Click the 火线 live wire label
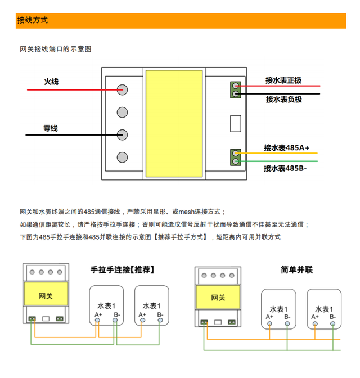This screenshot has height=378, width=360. (51, 82)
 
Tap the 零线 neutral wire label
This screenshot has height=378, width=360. (51, 128)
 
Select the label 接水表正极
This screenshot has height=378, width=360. (283, 80)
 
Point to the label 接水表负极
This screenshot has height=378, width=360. (284, 100)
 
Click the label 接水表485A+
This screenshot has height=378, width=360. (286, 147)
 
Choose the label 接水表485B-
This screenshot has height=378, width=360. (285, 168)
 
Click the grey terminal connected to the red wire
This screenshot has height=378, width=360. (122, 89)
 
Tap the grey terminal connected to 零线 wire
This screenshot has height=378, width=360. (122, 135)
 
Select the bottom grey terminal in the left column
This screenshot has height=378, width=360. (122, 157)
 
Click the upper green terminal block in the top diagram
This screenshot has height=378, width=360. (236, 89)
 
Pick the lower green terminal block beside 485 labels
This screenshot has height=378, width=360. (236, 157)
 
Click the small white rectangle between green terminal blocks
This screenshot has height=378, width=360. (236, 123)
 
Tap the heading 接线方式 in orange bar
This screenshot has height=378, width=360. (33, 20)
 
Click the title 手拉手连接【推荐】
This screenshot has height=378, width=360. (122, 269)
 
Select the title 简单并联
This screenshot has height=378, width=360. (296, 269)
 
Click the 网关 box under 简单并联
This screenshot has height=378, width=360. (218, 297)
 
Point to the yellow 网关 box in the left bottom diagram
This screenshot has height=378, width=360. (46, 294)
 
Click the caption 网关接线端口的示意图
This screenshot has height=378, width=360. (56, 49)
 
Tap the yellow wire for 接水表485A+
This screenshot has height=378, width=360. (277, 153)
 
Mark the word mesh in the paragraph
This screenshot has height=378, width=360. (187, 211)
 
